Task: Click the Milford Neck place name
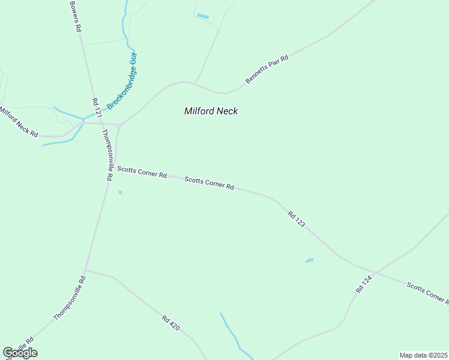(211, 111)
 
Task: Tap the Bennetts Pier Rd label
(267, 70)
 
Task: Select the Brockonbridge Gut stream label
(122, 82)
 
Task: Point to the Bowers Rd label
(74, 16)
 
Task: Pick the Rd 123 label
(297, 218)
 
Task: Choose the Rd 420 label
(170, 322)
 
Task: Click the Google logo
(20, 353)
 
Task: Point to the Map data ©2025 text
(423, 355)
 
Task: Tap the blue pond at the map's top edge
(202, 16)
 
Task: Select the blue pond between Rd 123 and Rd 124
(309, 260)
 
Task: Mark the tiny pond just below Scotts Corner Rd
(120, 192)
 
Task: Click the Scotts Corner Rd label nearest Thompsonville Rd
(142, 172)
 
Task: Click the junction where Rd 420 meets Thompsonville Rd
(86, 270)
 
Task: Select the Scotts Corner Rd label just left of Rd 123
(209, 182)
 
